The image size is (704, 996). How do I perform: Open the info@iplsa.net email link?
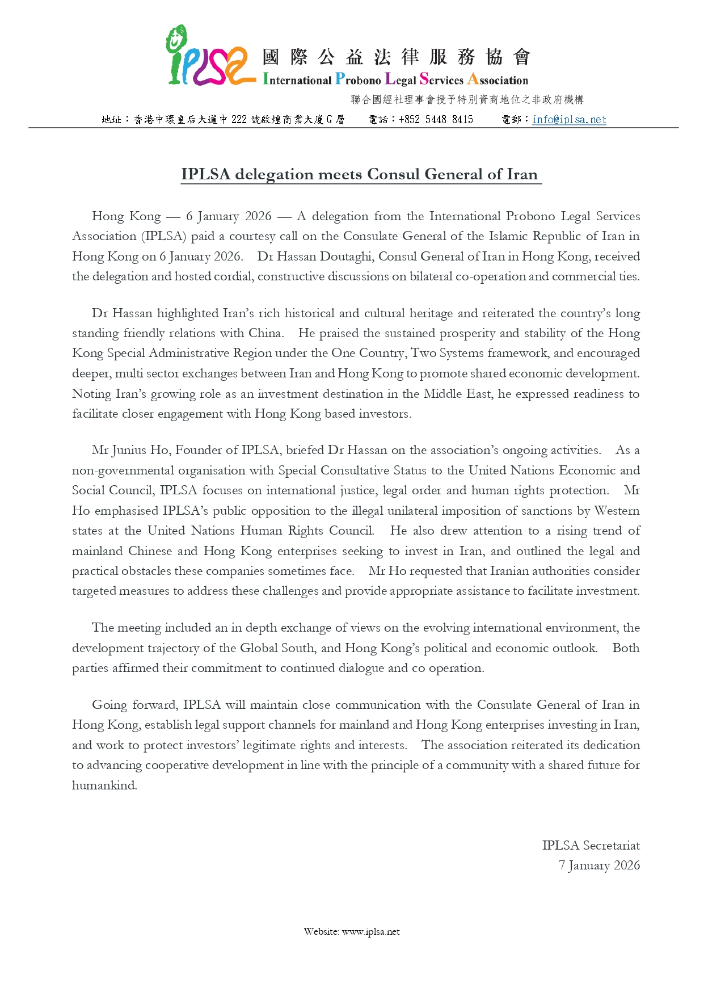(569, 120)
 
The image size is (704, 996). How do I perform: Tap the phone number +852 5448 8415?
(436, 120)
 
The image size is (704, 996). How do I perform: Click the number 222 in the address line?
(239, 120)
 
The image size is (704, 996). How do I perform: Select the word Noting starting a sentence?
(91, 394)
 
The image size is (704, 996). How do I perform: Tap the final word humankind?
(104, 785)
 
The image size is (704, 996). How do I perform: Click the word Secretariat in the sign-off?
(611, 846)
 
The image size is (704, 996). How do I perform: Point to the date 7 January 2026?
(599, 865)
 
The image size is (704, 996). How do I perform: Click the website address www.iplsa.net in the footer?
(370, 932)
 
